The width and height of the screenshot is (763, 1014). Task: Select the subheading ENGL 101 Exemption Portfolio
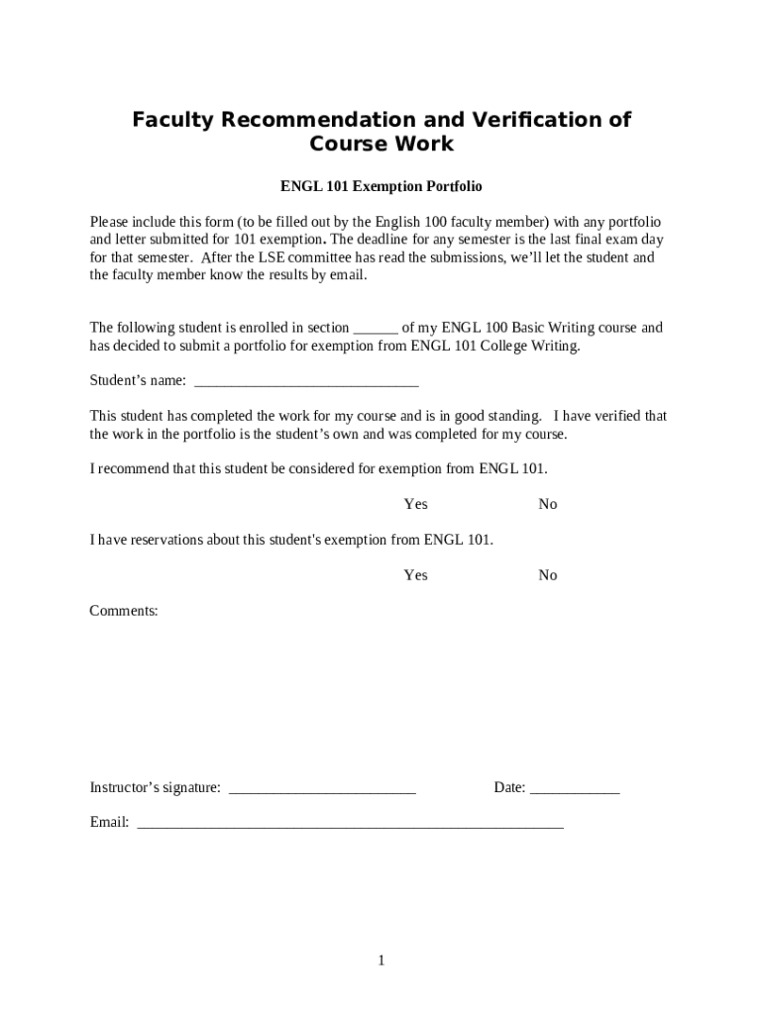click(x=381, y=186)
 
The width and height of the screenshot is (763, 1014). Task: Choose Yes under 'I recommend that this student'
click(x=415, y=504)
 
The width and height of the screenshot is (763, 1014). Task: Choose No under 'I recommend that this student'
click(x=548, y=504)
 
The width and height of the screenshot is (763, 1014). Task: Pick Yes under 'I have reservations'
click(x=415, y=575)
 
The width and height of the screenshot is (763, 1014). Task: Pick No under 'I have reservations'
click(x=548, y=575)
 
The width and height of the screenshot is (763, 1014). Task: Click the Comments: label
click(x=124, y=611)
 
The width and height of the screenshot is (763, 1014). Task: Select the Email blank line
click(x=350, y=824)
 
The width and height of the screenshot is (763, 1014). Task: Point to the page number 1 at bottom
click(x=381, y=961)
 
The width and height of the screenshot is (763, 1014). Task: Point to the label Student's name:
click(x=138, y=380)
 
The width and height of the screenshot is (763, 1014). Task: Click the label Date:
click(x=509, y=788)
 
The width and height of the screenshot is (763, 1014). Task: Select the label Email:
click(x=109, y=822)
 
